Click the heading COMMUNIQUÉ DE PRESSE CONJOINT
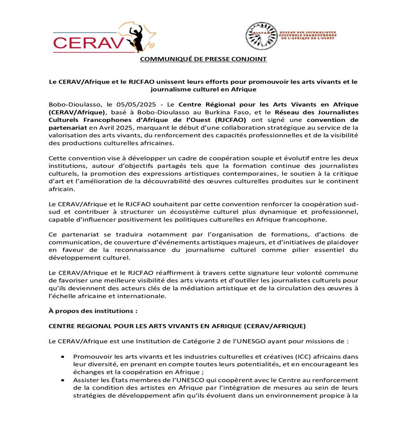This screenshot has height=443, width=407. [203, 59]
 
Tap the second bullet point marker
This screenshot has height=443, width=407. [63, 380]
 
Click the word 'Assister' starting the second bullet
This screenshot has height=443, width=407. [85, 380]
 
